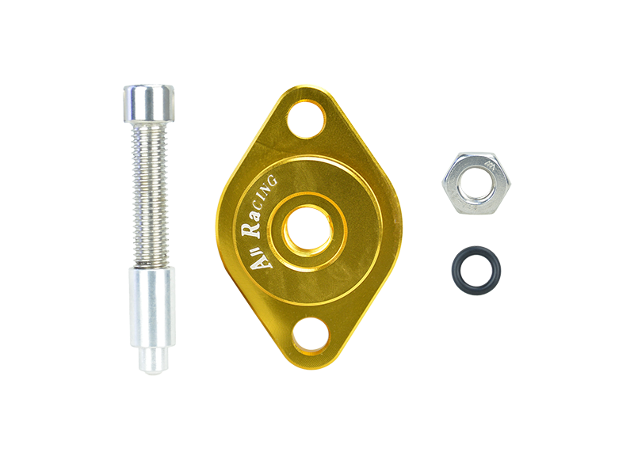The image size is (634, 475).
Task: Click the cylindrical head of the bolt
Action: [148, 104]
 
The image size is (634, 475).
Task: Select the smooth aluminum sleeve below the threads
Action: [152, 307]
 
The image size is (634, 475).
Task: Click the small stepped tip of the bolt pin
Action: [153, 360]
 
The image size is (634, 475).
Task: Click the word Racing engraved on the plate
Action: [259, 207]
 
